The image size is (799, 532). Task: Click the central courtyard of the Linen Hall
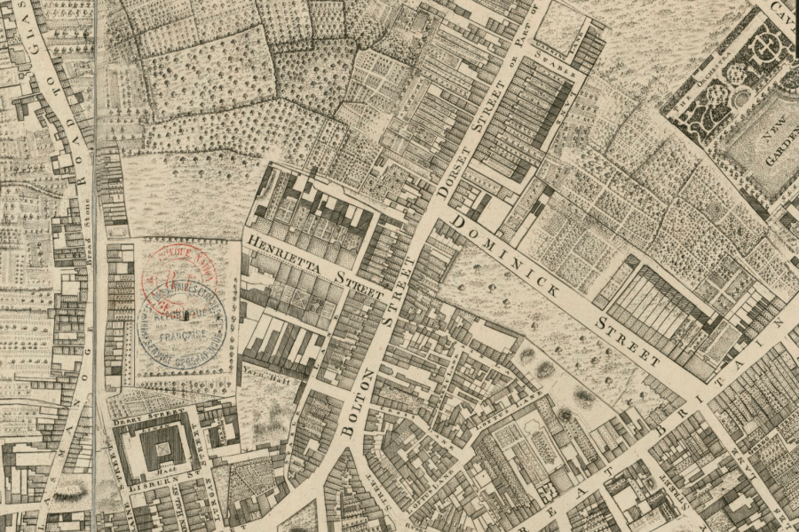163,448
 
